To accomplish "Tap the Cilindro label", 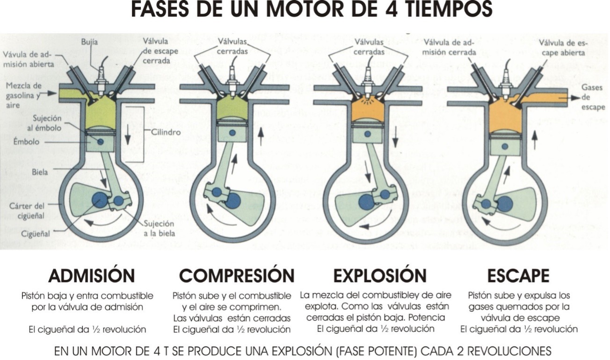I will coord(166,132).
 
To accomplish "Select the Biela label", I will coord(40,172).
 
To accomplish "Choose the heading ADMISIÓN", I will coord(92,276).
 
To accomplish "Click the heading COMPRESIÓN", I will coord(237,276).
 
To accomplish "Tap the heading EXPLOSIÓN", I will coord(380,276).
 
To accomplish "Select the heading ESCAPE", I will coord(518,276).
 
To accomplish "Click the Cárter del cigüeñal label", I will coord(27,210).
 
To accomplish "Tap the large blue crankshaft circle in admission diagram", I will coord(99,201).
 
